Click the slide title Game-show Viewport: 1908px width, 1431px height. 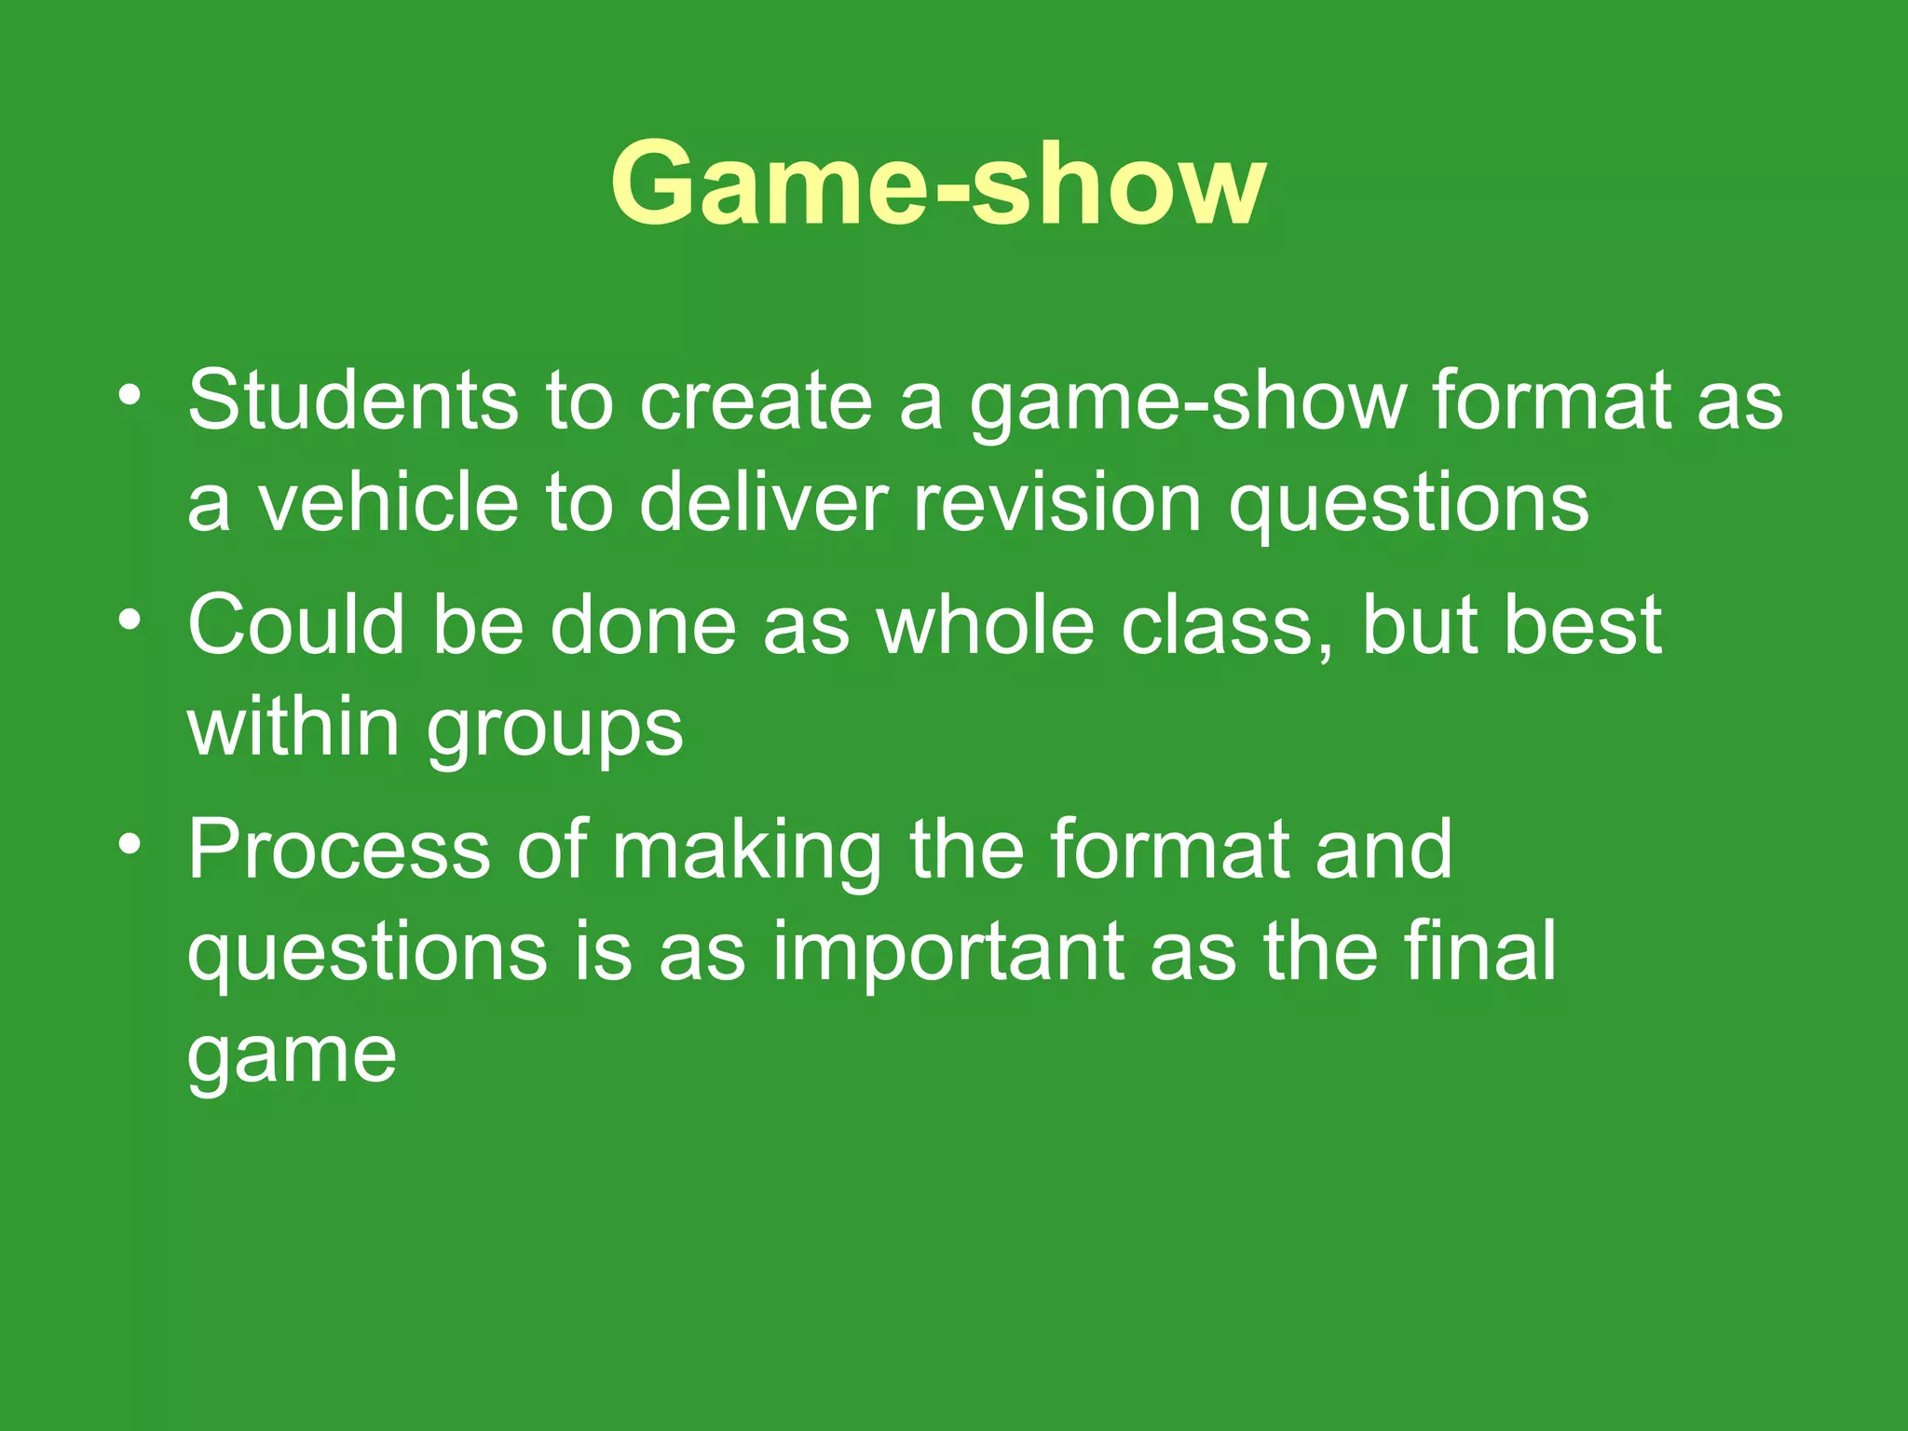(x=938, y=184)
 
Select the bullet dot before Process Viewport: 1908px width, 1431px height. (x=129, y=844)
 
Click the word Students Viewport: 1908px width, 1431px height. (x=352, y=401)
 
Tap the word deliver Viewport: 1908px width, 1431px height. (x=764, y=503)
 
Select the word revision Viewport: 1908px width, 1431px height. (x=1056, y=503)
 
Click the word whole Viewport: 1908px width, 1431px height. (x=985, y=626)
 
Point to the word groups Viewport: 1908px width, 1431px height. (x=555, y=731)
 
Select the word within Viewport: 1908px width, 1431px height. (x=293, y=727)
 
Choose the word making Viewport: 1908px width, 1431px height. (x=746, y=852)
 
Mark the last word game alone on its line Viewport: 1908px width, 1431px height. (x=292, y=1057)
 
